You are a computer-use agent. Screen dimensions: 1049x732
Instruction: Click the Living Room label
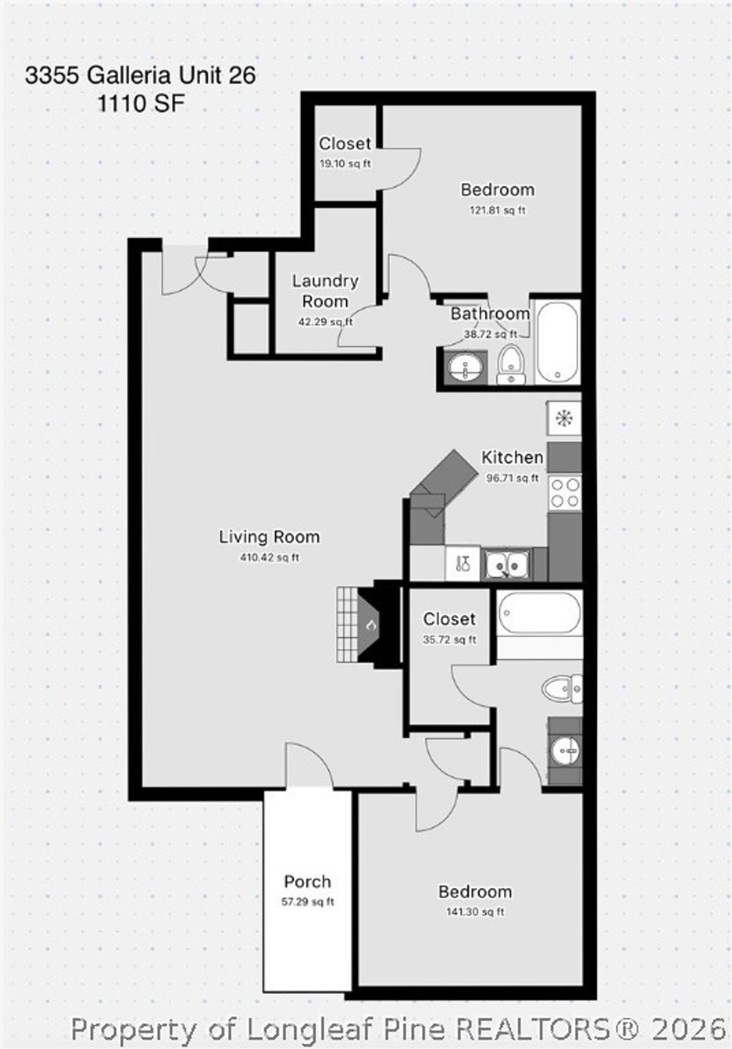click(x=269, y=537)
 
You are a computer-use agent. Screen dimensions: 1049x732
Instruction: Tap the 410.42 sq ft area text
click(x=269, y=558)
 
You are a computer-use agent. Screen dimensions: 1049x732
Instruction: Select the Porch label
click(x=307, y=882)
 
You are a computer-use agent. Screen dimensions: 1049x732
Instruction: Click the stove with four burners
click(x=564, y=493)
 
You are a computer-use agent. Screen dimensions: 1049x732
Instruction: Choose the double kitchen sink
click(x=506, y=565)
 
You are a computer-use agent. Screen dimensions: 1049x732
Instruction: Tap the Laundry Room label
click(x=325, y=291)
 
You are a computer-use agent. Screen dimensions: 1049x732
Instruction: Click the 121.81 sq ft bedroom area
click(x=498, y=210)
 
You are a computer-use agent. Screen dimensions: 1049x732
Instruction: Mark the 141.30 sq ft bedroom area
click(x=475, y=912)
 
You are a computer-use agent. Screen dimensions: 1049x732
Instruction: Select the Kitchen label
click(x=512, y=458)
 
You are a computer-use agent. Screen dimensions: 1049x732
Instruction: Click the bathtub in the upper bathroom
click(x=557, y=343)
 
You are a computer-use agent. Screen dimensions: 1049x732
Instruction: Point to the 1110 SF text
click(x=141, y=104)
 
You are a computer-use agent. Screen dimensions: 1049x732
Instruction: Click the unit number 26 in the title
click(x=242, y=76)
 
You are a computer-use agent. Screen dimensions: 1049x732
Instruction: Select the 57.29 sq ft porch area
click(x=307, y=902)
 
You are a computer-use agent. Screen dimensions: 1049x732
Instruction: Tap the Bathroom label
click(x=490, y=313)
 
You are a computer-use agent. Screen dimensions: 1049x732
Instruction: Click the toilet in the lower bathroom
click(x=562, y=689)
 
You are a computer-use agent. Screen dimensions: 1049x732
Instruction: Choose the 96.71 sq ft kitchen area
click(x=512, y=478)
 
